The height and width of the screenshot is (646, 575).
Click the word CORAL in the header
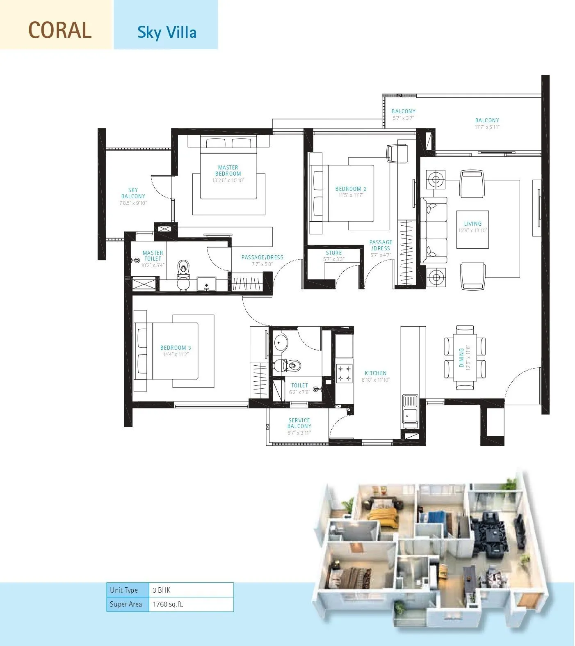[x=60, y=30]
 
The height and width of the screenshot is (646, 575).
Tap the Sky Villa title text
[x=167, y=32]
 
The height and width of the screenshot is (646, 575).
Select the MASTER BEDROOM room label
[x=228, y=170]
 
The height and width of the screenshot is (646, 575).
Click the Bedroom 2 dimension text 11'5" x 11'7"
[x=351, y=195]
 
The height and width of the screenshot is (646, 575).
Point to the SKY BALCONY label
[x=133, y=193]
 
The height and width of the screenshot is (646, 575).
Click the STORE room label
[x=334, y=253]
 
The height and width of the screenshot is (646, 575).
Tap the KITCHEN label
[x=376, y=373]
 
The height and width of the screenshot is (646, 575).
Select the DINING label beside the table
[x=461, y=357]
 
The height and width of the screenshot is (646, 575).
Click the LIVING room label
[x=472, y=224]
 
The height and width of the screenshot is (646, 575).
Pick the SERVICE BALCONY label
[x=299, y=423]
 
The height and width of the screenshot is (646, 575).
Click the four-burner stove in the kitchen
[x=345, y=373]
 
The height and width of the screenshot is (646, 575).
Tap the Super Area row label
[x=126, y=604]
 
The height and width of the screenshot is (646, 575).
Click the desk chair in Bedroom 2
[x=397, y=154]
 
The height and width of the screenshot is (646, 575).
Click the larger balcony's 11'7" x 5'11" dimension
[x=487, y=127]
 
